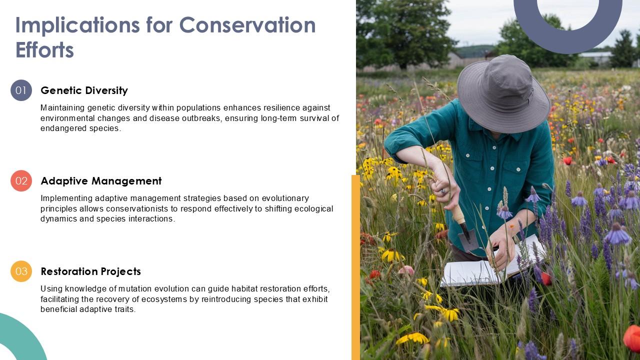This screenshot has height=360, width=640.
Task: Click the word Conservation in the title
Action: click(247, 25)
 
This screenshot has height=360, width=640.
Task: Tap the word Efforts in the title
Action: click(44, 50)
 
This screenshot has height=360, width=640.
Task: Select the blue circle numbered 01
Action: click(21, 90)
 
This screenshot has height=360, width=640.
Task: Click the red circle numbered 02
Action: click(21, 181)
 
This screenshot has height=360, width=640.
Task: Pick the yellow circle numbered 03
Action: click(21, 271)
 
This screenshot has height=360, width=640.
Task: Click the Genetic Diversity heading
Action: click(84, 90)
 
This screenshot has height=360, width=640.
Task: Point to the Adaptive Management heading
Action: click(101, 181)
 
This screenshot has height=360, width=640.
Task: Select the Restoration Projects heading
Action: click(90, 271)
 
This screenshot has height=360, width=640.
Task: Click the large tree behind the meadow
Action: click(402, 30)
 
